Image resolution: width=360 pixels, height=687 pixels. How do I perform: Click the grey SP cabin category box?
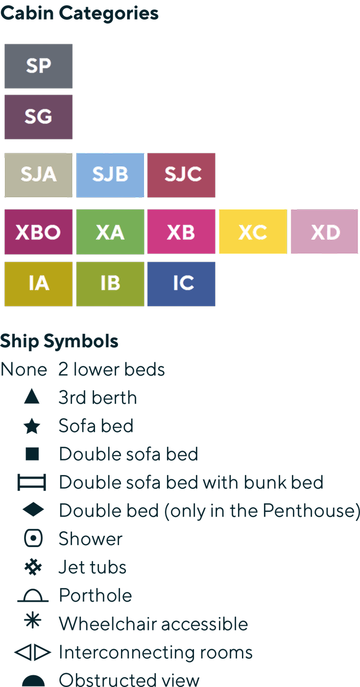[x=38, y=66]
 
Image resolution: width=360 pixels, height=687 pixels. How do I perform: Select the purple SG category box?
[x=38, y=117]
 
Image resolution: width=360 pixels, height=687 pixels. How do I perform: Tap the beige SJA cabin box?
[x=38, y=175]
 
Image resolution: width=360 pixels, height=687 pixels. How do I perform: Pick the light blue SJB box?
[x=110, y=175]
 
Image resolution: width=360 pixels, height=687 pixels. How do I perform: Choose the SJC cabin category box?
[x=181, y=175]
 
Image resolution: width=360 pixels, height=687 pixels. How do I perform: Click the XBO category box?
[x=38, y=232]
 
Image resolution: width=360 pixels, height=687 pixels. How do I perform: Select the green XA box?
[x=110, y=232]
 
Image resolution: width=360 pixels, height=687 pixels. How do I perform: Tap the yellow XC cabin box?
[x=253, y=232]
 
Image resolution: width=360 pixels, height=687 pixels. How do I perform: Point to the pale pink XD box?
[x=324, y=232]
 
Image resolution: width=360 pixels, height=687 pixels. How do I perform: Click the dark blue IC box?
[x=181, y=284]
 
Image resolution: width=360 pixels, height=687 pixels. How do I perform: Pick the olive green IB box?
[x=110, y=284]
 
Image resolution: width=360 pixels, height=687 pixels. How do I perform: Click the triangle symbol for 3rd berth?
[x=32, y=397]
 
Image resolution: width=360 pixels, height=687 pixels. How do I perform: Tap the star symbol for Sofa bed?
[x=32, y=426]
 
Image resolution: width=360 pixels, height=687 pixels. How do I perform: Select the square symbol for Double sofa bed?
[x=32, y=454]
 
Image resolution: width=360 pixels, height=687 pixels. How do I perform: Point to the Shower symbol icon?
[x=33, y=538]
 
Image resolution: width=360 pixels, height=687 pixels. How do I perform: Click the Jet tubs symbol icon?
[x=33, y=567]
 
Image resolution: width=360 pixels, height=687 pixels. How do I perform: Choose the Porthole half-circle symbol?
[x=33, y=597]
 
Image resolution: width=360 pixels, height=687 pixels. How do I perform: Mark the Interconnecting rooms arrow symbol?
[x=33, y=652]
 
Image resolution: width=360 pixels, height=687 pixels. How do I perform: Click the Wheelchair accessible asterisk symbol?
[x=33, y=623]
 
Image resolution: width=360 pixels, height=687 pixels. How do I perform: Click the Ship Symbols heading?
[x=59, y=342]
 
